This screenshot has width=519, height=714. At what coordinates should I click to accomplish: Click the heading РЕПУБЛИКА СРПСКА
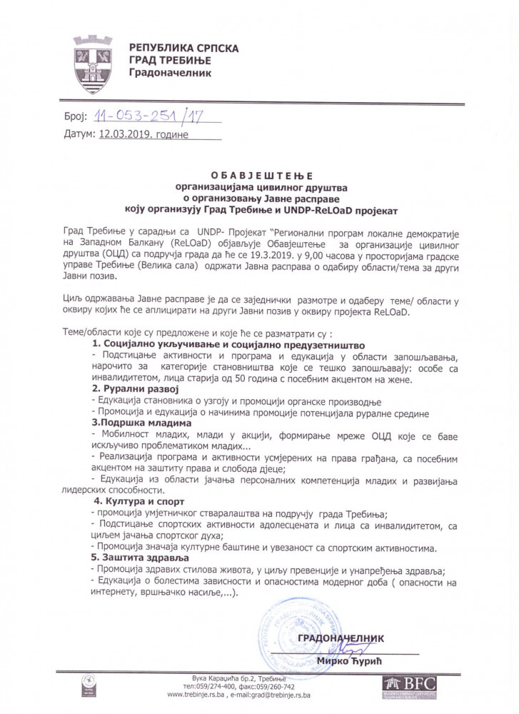click(x=184, y=48)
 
